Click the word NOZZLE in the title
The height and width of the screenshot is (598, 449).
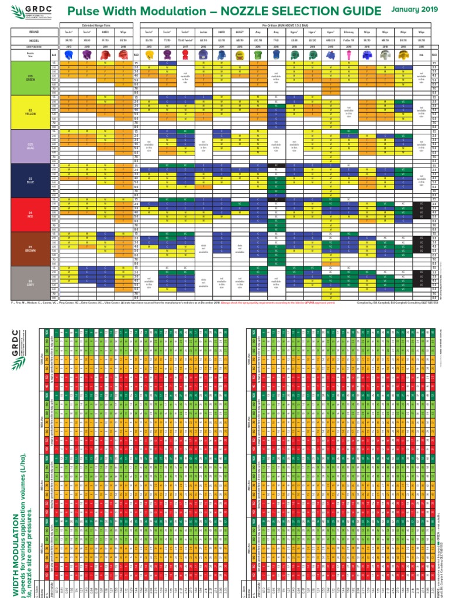[x=230, y=11]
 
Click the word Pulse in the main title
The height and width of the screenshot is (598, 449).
[x=84, y=11]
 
